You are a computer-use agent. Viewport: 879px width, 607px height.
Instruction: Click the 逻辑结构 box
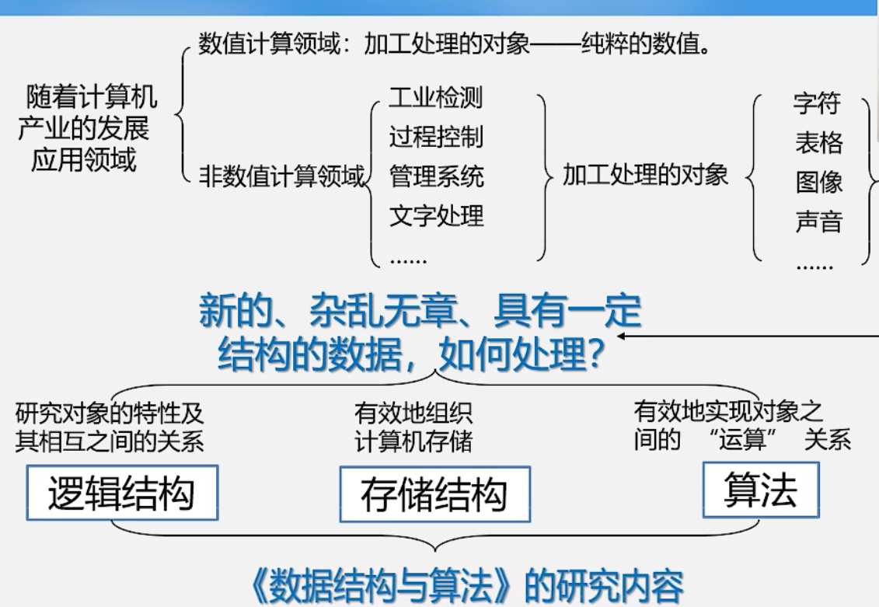point(122,493)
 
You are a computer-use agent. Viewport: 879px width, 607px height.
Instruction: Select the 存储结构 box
point(434,494)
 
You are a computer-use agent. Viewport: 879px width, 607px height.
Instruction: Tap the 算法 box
point(760,490)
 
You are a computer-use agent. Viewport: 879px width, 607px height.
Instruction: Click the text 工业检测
point(435,98)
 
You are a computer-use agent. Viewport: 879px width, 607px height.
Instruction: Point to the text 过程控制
point(435,137)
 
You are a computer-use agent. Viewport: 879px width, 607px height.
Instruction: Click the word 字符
point(818,103)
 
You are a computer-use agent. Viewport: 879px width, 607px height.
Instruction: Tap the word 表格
point(818,143)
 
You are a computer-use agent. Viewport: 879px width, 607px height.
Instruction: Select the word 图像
point(818,183)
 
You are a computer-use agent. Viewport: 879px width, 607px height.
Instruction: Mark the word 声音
point(818,222)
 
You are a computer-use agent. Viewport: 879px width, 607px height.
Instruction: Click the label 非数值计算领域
point(282,176)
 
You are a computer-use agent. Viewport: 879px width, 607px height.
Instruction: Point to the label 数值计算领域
point(269,44)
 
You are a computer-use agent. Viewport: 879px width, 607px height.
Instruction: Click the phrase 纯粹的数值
point(640,44)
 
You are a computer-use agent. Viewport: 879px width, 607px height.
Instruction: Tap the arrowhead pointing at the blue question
point(623,336)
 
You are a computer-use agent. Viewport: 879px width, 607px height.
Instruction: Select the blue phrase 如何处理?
point(522,356)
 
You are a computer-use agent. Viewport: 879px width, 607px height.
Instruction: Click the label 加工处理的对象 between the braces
point(645,175)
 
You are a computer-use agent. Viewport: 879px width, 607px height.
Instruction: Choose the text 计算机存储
point(413,441)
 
